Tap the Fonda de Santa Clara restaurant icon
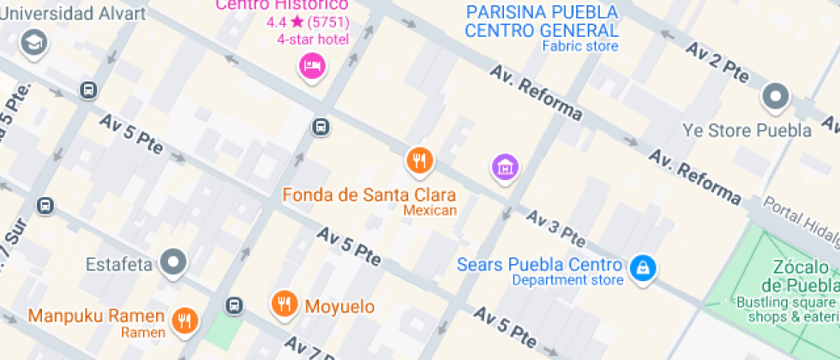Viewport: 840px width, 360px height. [x=419, y=159]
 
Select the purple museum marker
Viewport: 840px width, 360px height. [x=505, y=167]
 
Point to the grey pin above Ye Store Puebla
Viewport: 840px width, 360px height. [x=776, y=97]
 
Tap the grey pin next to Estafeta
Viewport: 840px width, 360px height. [x=175, y=262]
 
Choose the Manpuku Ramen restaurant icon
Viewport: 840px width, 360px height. [x=183, y=320]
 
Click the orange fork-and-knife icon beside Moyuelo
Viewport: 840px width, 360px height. [x=285, y=303]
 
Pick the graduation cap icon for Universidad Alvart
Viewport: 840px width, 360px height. [x=33, y=41]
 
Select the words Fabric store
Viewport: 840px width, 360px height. [x=580, y=46]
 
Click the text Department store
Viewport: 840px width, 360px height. [x=567, y=279]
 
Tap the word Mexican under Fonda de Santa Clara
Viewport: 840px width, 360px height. [x=429, y=210]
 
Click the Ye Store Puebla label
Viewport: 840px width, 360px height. [x=747, y=130]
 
